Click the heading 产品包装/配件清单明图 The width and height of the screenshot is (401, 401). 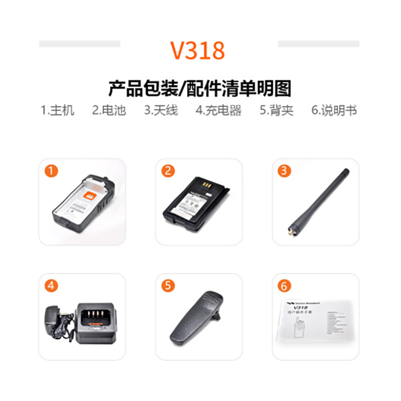point(199,88)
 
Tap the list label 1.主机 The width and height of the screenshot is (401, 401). point(57,110)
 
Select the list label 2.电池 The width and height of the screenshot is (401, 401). point(109,110)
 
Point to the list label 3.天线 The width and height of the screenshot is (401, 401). point(161,110)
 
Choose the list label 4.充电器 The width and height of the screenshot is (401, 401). point(219,110)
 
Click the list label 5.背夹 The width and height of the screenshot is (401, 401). point(277,110)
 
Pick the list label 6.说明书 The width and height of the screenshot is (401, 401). point(334,110)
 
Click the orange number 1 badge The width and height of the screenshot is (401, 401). point(51,171)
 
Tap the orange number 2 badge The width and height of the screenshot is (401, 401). point(168,171)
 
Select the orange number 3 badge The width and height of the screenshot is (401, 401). point(285,171)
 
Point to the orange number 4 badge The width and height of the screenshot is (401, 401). point(51,286)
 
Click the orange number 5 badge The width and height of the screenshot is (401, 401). point(168,286)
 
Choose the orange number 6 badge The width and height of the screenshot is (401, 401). point(285,286)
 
